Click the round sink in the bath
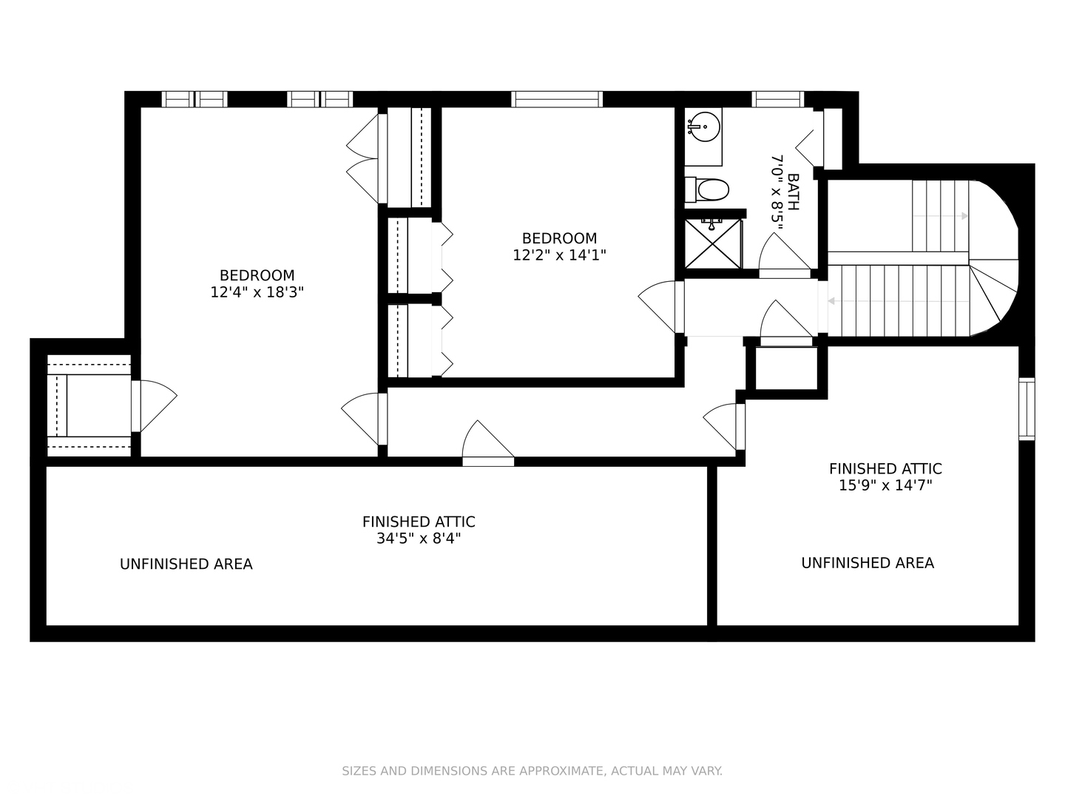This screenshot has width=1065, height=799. tap(705, 127)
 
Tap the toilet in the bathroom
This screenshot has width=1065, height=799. tap(707, 189)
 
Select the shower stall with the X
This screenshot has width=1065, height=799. tap(713, 243)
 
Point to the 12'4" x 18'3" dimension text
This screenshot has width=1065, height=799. tap(257, 292)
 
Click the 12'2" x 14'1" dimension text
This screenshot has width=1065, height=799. tap(559, 255)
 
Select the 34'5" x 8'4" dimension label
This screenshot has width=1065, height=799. tap(419, 539)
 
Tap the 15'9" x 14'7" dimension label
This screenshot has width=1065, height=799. tap(885, 485)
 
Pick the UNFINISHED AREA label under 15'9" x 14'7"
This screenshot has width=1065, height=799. tap(867, 563)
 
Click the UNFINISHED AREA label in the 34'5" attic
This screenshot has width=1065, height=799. tap(186, 564)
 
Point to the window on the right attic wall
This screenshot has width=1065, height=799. tap(1027, 409)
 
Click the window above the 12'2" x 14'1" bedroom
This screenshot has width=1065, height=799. tap(556, 99)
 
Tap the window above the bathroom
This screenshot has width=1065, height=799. tap(778, 99)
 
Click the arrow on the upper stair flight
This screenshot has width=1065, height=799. tap(940, 216)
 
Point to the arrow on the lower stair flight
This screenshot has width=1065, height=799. tap(899, 301)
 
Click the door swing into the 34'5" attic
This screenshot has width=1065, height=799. tap(487, 442)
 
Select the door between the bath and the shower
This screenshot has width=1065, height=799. tap(785, 256)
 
